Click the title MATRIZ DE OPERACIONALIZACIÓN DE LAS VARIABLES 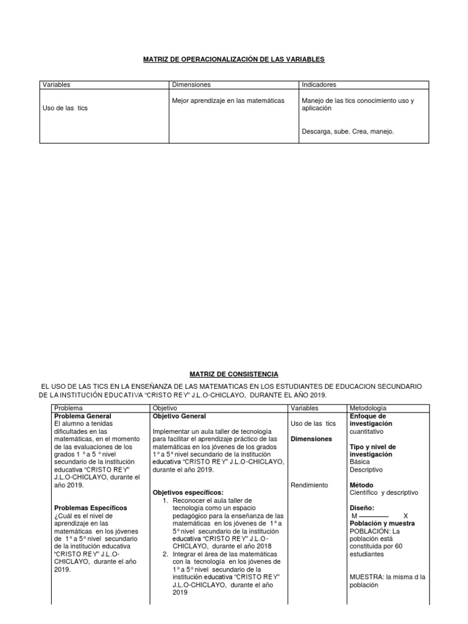[x=234, y=59]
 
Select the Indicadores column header [x=319, y=85]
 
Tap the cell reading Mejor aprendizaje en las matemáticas [x=229, y=101]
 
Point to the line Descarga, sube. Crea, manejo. [x=348, y=131]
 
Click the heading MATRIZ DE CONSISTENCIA [x=234, y=374]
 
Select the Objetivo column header [x=165, y=408]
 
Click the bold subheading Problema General [x=82, y=416]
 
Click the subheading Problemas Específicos [x=91, y=508]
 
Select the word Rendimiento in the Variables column [x=310, y=485]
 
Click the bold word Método [x=361, y=485]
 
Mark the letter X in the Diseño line [x=406, y=516]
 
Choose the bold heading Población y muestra [x=382, y=523]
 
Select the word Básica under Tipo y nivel [x=360, y=462]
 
